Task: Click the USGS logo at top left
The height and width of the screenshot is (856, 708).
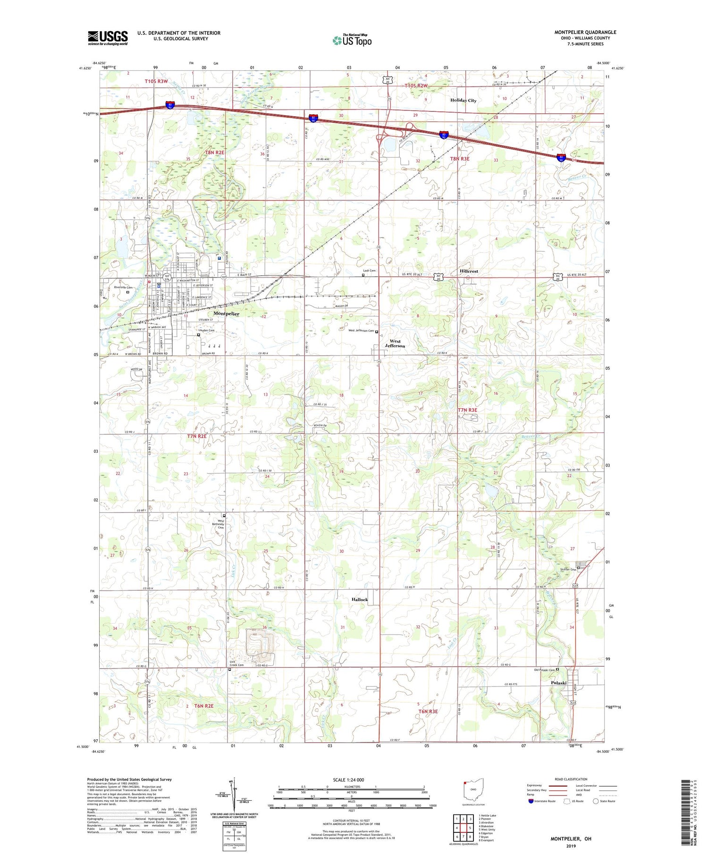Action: tap(108, 38)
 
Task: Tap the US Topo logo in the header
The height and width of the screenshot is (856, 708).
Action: tap(352, 41)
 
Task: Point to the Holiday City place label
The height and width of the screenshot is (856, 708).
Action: tap(463, 100)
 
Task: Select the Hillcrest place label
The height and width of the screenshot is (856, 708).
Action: tap(469, 271)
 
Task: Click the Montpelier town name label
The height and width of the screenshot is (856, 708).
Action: tap(226, 314)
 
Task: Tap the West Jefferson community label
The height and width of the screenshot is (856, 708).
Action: tap(395, 343)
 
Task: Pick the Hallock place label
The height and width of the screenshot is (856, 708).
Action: tap(359, 599)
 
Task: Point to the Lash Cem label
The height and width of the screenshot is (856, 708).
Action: tap(369, 271)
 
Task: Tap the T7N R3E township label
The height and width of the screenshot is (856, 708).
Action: tap(468, 410)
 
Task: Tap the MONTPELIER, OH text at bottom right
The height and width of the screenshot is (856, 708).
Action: tap(571, 839)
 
